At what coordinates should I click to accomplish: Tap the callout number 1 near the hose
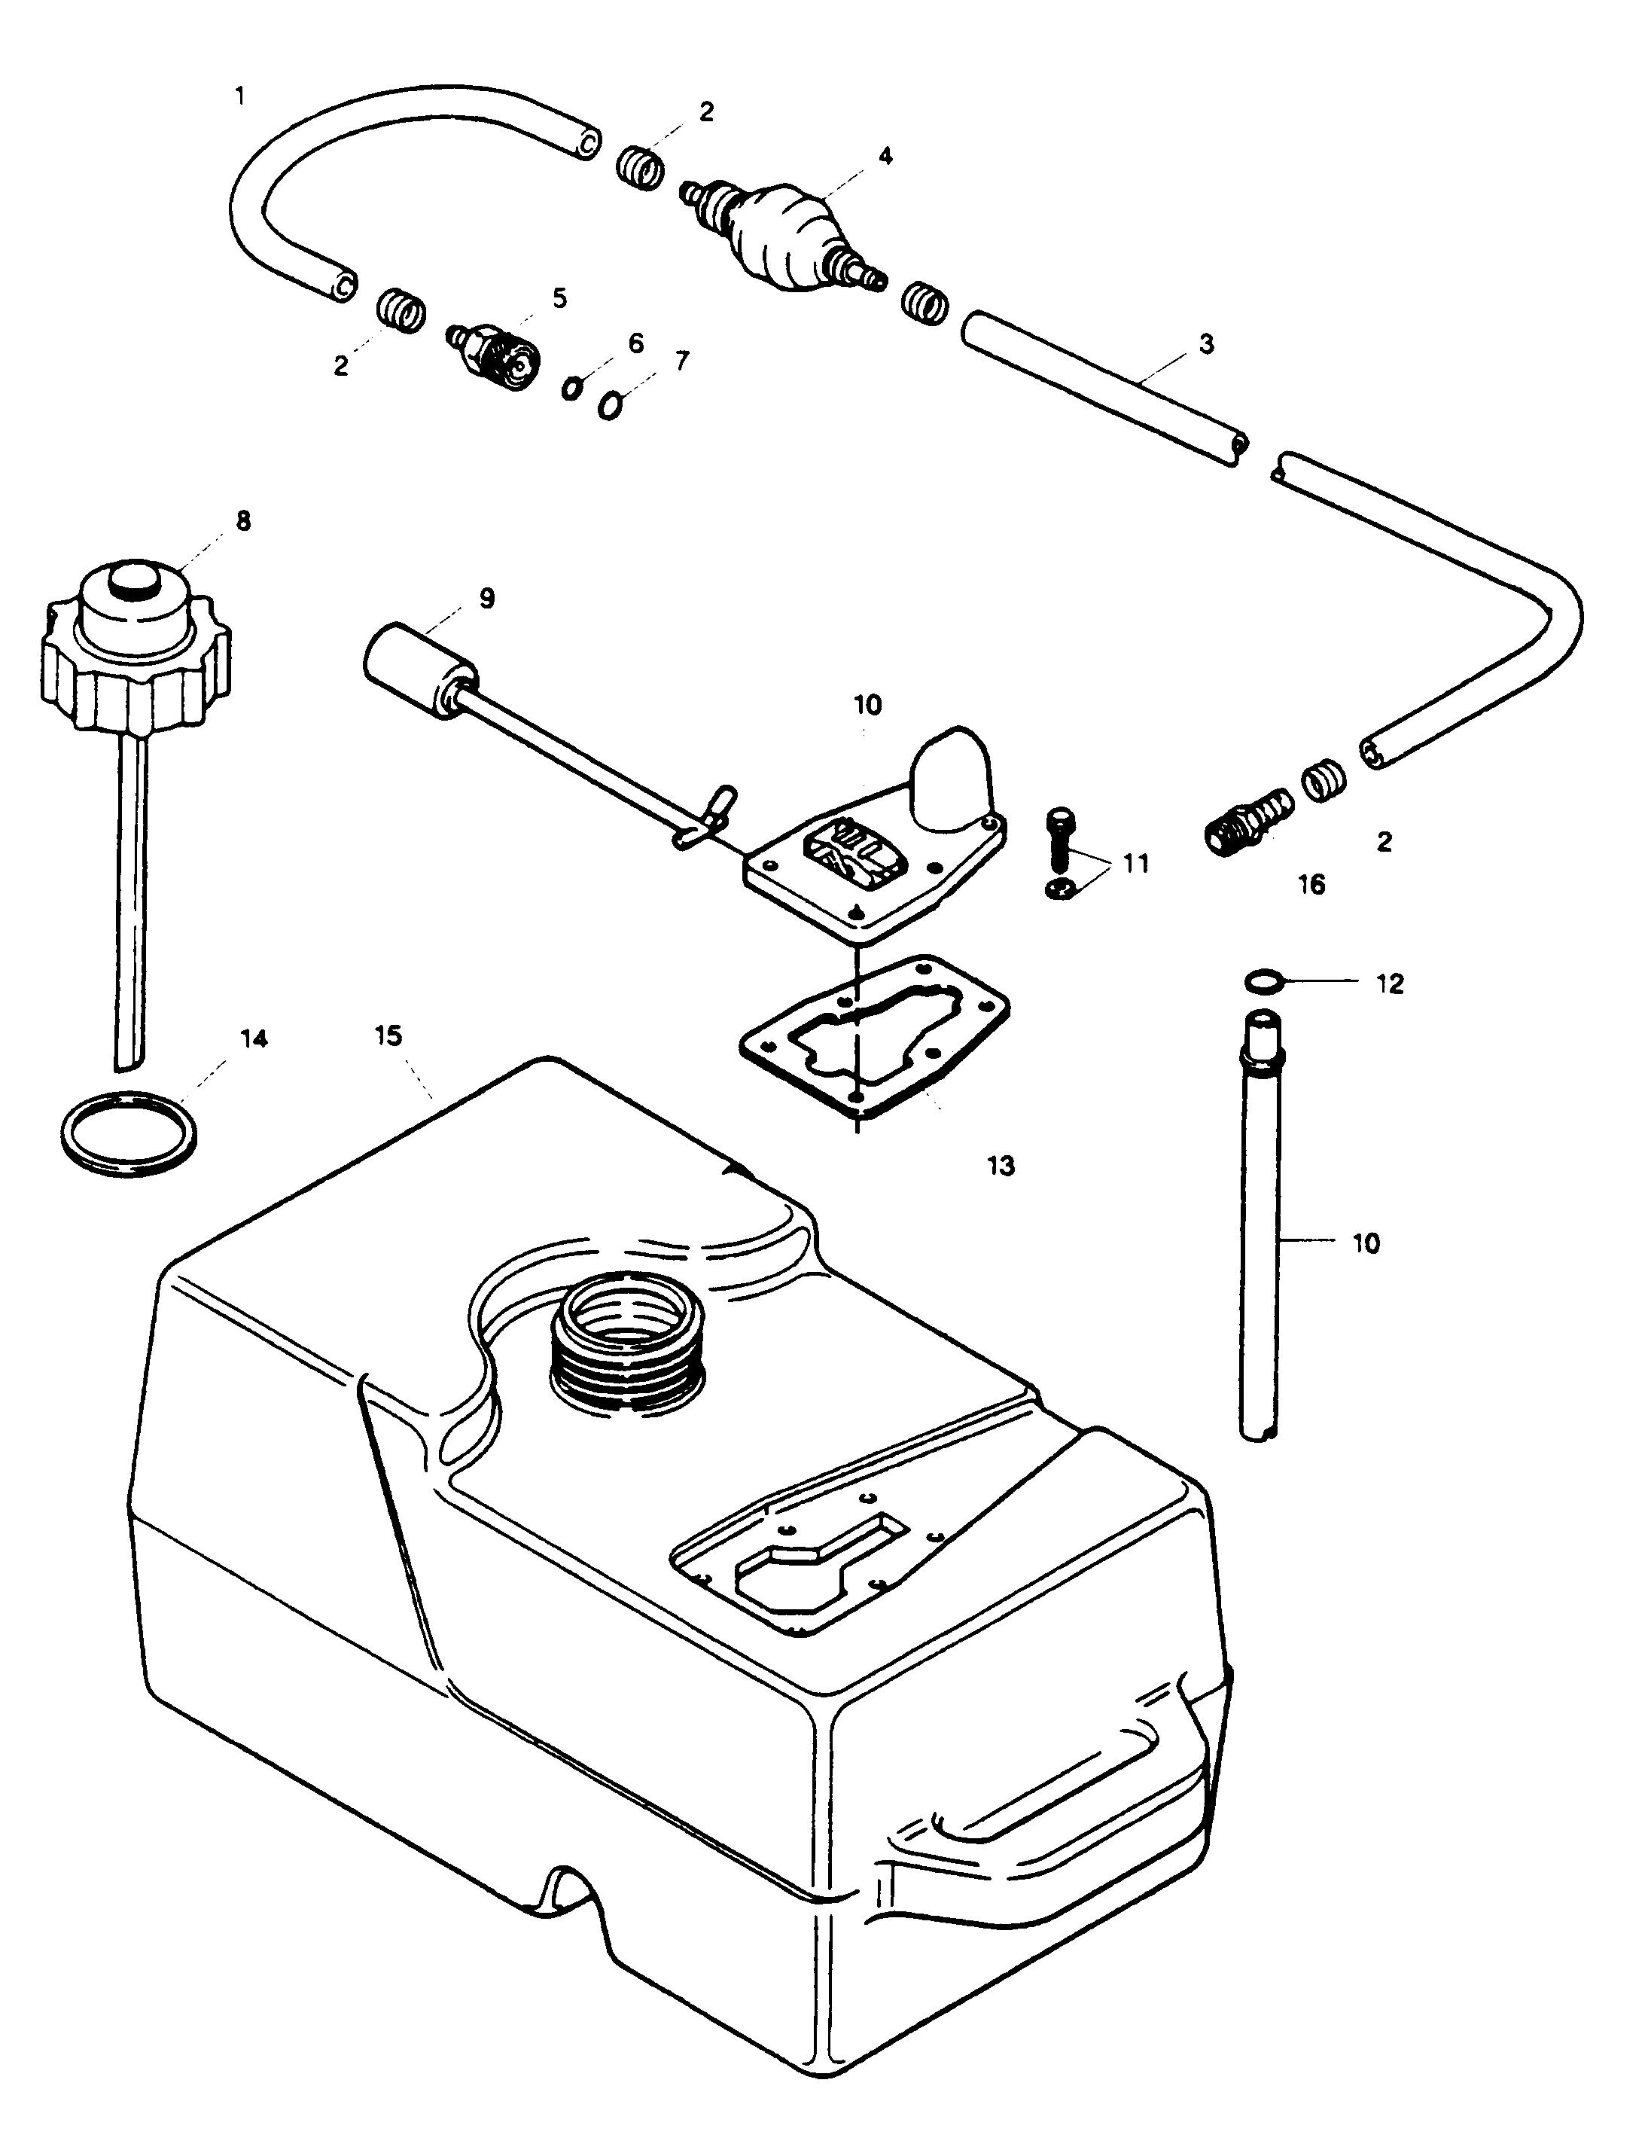click(x=240, y=96)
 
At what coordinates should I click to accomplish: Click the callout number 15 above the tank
click(x=389, y=1036)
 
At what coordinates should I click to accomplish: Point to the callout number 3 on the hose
click(x=1207, y=344)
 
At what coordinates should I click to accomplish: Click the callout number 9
click(x=486, y=598)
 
